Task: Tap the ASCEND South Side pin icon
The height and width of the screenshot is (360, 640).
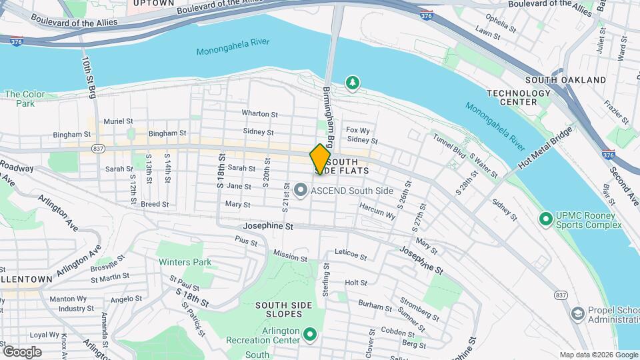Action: click(x=300, y=191)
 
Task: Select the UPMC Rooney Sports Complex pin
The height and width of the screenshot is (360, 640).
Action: click(x=546, y=218)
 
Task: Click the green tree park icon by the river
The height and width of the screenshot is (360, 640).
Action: click(x=352, y=83)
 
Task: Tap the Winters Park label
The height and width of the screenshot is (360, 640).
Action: click(x=185, y=262)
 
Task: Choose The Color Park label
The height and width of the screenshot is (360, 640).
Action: click(x=25, y=99)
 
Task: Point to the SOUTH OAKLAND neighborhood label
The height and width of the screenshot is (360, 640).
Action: click(x=566, y=80)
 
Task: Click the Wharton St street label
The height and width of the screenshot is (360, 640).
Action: click(x=259, y=114)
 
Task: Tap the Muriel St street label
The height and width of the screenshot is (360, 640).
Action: click(x=119, y=121)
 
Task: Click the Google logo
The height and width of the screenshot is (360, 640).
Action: click(x=22, y=352)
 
